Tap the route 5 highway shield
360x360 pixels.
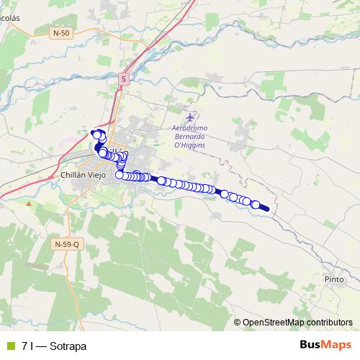pos(125,78)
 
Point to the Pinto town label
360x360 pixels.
pos(334,279)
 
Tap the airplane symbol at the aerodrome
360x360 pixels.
pos(190,117)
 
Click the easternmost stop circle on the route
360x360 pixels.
pos(256,204)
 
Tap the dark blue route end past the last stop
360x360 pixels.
pos(266,209)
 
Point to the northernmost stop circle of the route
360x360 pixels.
pos(95,133)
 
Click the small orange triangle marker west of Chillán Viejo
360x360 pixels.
pos(29,203)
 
